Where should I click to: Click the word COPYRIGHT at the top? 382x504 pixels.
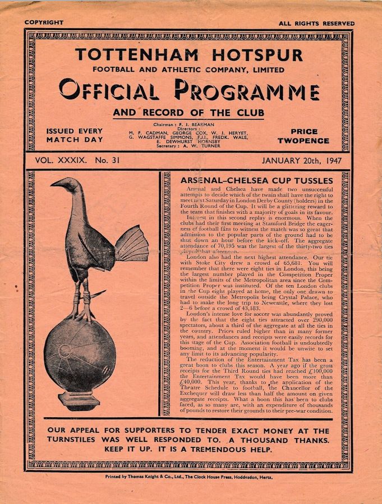pos(44,22)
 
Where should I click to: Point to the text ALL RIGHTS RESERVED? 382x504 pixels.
pos(317,24)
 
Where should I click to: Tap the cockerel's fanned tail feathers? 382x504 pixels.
pos(131,244)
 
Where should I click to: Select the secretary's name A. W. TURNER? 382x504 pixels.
pos(199,146)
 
